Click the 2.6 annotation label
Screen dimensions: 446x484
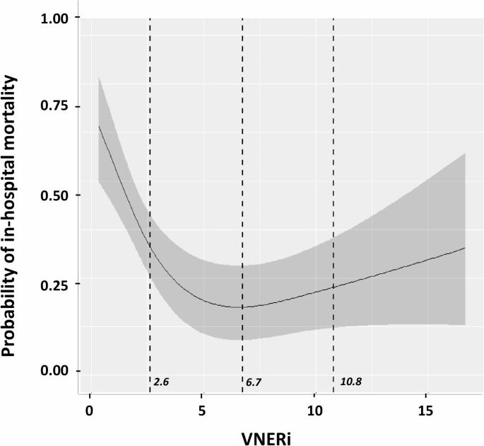[161, 382]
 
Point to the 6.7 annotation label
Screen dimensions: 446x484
[253, 382]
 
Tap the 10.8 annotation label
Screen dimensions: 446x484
[350, 382]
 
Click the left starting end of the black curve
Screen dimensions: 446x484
[99, 126]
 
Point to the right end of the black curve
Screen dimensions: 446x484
[465, 248]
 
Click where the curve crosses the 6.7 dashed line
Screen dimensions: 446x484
[242, 307]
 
